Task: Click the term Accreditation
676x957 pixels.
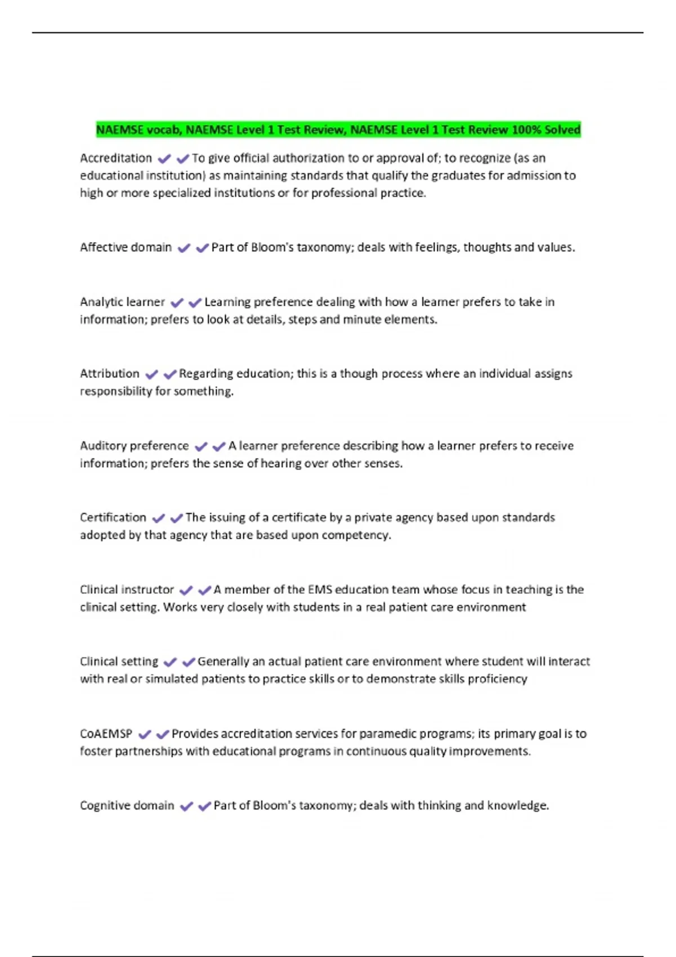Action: pyautogui.click(x=115, y=158)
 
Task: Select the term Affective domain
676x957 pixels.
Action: pyautogui.click(x=126, y=247)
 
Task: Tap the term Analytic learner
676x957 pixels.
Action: pyautogui.click(x=122, y=302)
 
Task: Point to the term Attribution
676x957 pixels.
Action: pyautogui.click(x=109, y=374)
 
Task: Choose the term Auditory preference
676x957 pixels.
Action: pyautogui.click(x=134, y=446)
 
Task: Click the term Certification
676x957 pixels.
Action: pyautogui.click(x=113, y=517)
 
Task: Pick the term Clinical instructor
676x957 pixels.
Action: pyautogui.click(x=127, y=589)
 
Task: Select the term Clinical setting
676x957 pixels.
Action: pyautogui.click(x=119, y=661)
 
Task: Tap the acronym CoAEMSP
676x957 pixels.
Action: pyautogui.click(x=106, y=734)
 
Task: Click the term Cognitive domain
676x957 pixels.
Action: pyautogui.click(x=127, y=806)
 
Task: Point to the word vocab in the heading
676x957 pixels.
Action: pyautogui.click(x=163, y=130)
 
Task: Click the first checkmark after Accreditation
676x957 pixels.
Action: pyautogui.click(x=164, y=159)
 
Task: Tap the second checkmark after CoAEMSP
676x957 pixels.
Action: pyautogui.click(x=163, y=734)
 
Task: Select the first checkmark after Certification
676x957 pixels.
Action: pyautogui.click(x=159, y=518)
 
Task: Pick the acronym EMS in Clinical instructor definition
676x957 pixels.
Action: pyautogui.click(x=320, y=589)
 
